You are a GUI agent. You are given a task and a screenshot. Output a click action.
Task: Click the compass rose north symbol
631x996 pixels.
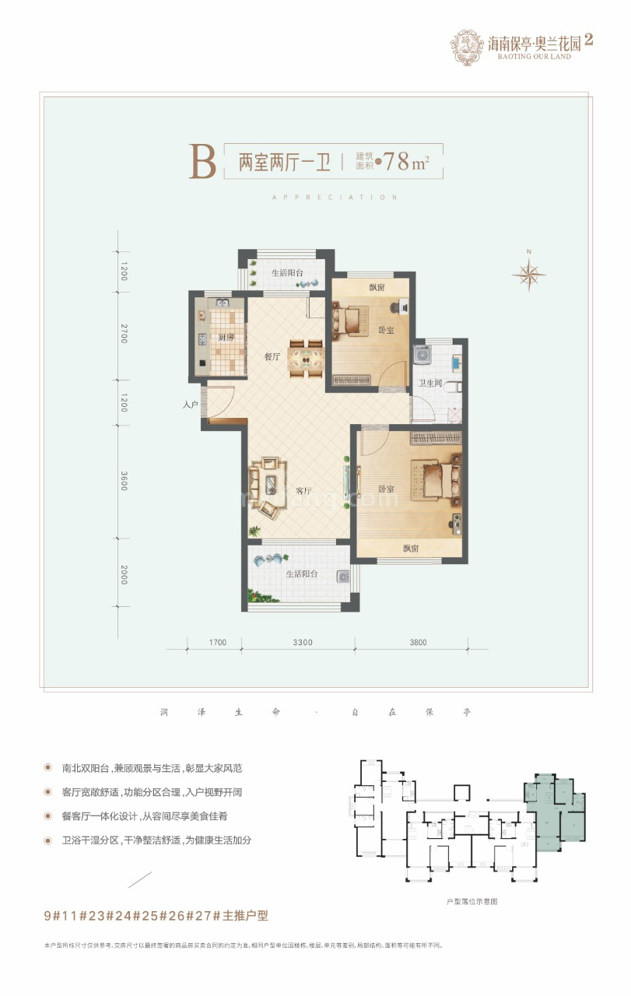pyautogui.click(x=528, y=273)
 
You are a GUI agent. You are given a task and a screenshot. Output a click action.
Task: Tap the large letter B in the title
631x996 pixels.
pyautogui.click(x=202, y=162)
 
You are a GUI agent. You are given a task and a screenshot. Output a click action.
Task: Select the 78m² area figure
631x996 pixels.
pyautogui.click(x=407, y=163)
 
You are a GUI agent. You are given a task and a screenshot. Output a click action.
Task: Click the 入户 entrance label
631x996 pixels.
pyautogui.click(x=191, y=405)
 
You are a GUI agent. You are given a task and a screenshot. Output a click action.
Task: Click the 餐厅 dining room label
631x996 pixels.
pyautogui.click(x=272, y=357)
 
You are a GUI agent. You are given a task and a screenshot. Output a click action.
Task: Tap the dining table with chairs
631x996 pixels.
pyautogui.click(x=306, y=357)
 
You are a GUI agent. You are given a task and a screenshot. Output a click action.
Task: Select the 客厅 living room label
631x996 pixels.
pyautogui.click(x=303, y=491)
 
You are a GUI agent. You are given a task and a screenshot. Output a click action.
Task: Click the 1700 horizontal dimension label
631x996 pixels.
pyautogui.click(x=217, y=643)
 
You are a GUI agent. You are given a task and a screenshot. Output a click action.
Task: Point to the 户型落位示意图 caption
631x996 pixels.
pyautogui.click(x=471, y=901)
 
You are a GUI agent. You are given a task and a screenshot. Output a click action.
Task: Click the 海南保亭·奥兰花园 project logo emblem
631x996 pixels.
pyautogui.click(x=467, y=47)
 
